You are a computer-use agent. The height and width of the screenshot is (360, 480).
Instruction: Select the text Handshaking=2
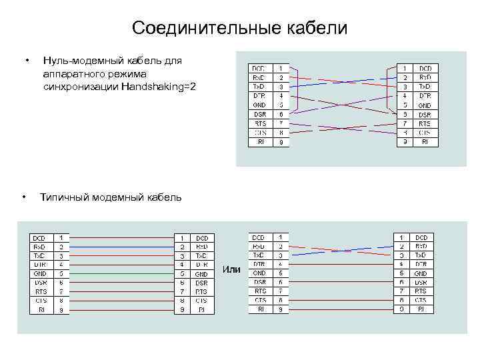[159, 87]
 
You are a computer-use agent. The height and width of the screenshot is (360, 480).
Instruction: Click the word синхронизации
[80, 87]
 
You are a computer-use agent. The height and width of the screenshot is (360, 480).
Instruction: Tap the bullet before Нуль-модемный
[25, 61]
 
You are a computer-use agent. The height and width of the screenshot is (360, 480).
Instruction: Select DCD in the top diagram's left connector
[259, 68]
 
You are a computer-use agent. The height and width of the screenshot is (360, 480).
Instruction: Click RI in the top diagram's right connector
[425, 142]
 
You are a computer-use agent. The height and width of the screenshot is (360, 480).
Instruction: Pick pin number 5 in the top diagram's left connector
[281, 105]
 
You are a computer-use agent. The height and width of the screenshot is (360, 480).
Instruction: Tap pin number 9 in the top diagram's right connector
[405, 142]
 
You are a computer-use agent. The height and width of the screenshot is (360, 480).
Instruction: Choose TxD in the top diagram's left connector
[259, 87]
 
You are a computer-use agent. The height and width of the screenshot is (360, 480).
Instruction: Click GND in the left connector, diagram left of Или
[40, 273]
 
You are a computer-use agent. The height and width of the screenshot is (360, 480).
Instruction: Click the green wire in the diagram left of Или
[120, 273]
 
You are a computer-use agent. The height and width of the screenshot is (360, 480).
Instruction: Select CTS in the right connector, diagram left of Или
[201, 301]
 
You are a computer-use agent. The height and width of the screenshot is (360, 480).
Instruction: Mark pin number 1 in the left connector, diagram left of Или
[61, 237]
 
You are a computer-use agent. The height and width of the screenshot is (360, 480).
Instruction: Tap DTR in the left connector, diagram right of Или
[259, 264]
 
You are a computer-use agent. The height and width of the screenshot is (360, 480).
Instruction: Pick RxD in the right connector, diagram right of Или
[421, 246]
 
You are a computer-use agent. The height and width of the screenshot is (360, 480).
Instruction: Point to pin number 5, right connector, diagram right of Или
[401, 273]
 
